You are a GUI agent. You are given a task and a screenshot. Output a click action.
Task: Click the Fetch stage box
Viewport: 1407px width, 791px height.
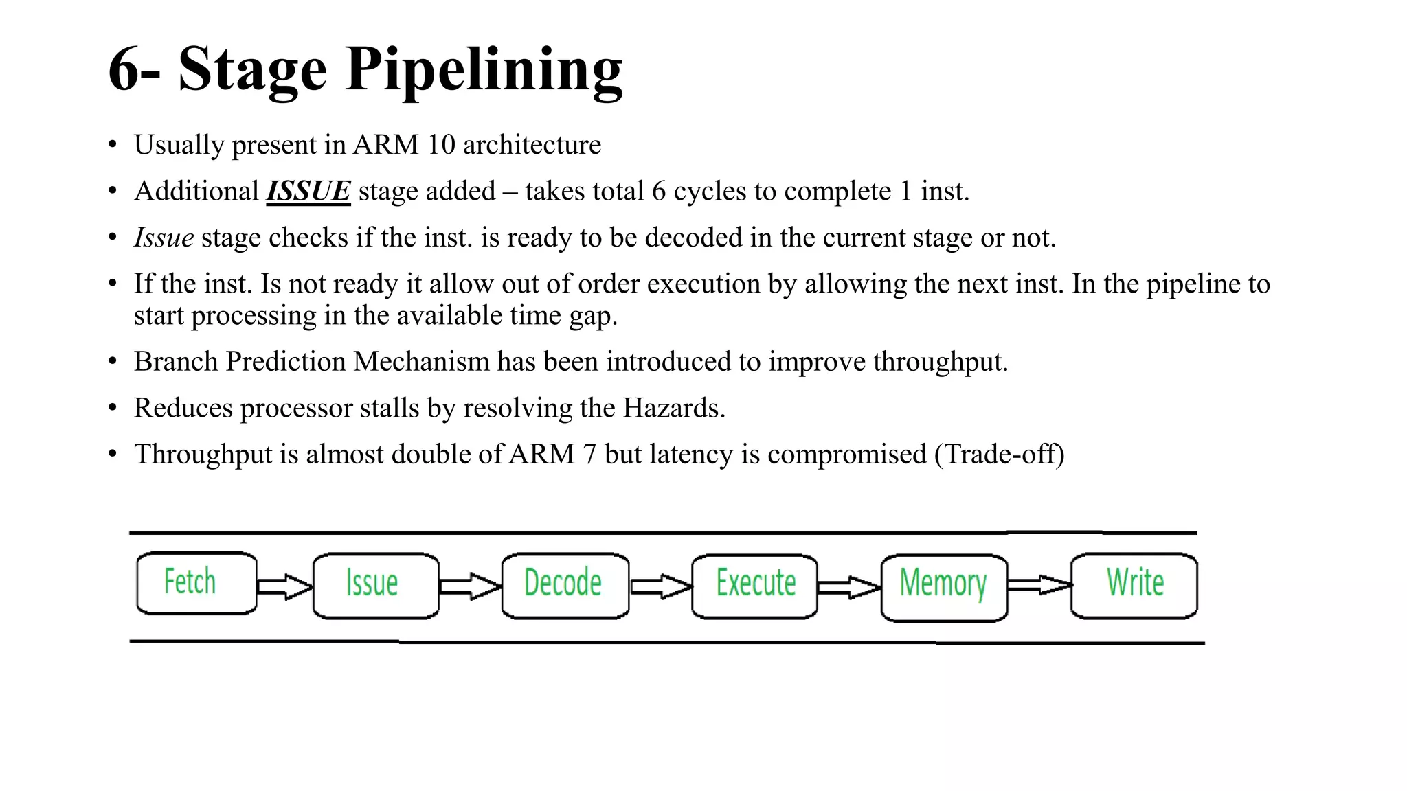point(196,582)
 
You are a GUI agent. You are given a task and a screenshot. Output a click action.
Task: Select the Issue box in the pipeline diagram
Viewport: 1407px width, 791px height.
point(375,585)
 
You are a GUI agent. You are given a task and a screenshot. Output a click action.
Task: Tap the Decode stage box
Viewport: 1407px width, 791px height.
point(565,585)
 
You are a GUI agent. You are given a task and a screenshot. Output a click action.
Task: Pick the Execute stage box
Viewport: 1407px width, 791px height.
point(754,585)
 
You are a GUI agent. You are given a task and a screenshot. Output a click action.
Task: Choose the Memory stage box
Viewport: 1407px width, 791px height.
point(944,586)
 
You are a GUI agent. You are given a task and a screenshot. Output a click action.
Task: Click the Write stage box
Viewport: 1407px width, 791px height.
point(1134,584)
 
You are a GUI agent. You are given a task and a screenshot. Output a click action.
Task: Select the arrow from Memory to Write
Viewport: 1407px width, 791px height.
point(1039,585)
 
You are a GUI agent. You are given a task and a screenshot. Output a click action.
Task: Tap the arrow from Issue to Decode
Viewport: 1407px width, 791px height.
point(471,586)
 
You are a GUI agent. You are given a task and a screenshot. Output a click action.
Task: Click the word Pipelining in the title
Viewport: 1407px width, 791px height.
point(484,70)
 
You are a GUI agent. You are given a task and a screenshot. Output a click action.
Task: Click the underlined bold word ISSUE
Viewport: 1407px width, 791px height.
point(308,191)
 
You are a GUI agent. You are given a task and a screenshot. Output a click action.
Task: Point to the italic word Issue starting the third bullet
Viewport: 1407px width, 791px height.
point(164,238)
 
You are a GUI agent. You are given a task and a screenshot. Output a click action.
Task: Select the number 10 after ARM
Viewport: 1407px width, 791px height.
point(441,145)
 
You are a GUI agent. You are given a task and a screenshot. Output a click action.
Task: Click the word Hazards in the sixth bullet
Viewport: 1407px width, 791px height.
point(673,408)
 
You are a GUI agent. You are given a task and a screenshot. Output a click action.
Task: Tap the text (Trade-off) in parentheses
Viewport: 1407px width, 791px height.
point(999,455)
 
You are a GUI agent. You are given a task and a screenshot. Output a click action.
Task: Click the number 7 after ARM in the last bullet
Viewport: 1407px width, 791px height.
point(589,455)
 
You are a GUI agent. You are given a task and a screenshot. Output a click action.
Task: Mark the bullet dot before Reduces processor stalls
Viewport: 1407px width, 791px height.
point(113,408)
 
